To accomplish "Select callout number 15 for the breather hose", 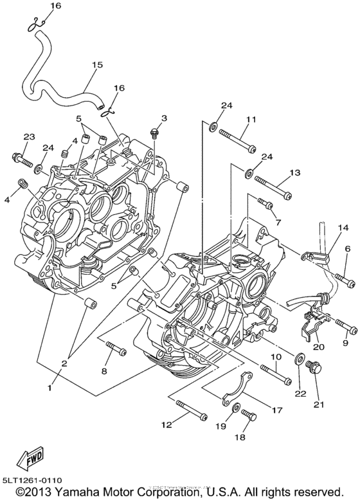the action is pyautogui.click(x=98, y=65).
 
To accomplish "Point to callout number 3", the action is pyautogui.click(x=164, y=118).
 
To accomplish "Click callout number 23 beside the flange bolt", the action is pyautogui.click(x=30, y=137).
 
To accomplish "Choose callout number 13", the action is pyautogui.click(x=295, y=173).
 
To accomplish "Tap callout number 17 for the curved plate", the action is pyautogui.click(x=277, y=410).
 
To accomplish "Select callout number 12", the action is pyautogui.click(x=166, y=424).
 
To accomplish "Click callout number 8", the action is pyautogui.click(x=104, y=371).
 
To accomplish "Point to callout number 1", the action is pyautogui.click(x=50, y=388).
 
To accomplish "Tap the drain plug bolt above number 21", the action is pyautogui.click(x=314, y=368).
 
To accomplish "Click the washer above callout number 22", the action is pyautogui.click(x=300, y=357).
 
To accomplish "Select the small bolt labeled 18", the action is pyautogui.click(x=249, y=417).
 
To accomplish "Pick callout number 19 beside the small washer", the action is pyautogui.click(x=222, y=426).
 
